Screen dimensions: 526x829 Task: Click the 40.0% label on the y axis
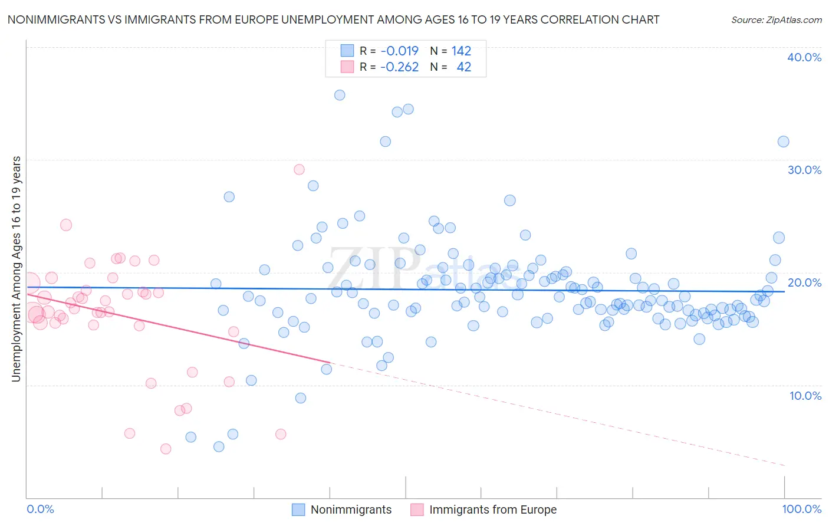pyautogui.click(x=804, y=57)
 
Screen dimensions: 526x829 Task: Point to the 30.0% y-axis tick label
pyautogui.click(x=804, y=170)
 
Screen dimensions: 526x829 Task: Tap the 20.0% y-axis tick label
pyautogui.click(x=804, y=282)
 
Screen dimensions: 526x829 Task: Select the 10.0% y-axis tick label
pyautogui.click(x=805, y=395)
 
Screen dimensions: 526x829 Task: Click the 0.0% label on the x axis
pyautogui.click(x=40, y=509)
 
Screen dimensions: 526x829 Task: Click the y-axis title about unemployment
pyautogui.click(x=16, y=269)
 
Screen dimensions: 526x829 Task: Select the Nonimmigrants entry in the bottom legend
pyautogui.click(x=351, y=509)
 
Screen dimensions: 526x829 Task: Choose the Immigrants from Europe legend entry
pyautogui.click(x=493, y=509)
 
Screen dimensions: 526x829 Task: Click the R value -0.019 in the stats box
pyautogui.click(x=399, y=51)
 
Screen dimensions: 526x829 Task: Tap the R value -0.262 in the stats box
pyautogui.click(x=399, y=67)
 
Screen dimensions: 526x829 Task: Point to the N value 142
pyautogui.click(x=461, y=51)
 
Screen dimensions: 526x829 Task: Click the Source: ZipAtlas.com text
pyautogui.click(x=776, y=20)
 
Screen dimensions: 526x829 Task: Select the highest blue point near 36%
pyautogui.click(x=340, y=95)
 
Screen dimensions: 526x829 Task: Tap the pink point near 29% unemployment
pyautogui.click(x=299, y=169)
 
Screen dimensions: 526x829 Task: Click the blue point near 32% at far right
pyautogui.click(x=783, y=142)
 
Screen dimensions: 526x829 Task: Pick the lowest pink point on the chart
pyautogui.click(x=166, y=449)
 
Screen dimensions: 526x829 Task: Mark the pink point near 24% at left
pyautogui.click(x=66, y=225)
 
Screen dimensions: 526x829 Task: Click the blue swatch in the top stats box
pyautogui.click(x=347, y=51)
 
